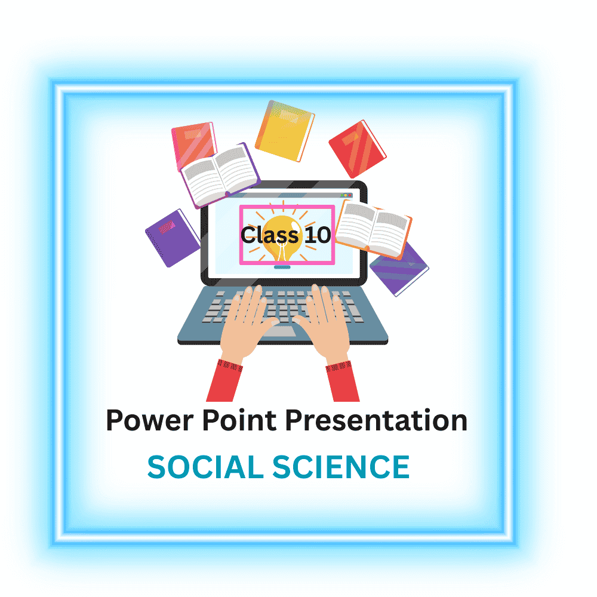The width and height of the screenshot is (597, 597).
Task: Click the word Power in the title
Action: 150,421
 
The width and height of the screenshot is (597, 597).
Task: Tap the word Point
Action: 239,420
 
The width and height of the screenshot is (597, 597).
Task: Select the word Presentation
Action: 376,420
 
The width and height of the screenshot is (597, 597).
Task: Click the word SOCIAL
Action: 205,467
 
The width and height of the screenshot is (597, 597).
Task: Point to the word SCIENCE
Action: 341,467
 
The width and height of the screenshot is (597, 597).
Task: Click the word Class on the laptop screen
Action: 270,235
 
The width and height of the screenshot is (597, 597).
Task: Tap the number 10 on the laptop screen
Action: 318,235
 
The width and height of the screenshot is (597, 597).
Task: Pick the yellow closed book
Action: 285,131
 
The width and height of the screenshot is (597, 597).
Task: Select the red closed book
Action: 357,149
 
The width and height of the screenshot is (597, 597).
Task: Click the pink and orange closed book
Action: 193,143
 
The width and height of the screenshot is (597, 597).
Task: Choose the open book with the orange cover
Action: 373,229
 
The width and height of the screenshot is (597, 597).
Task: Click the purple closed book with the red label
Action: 173,238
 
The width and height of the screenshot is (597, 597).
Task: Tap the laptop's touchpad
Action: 279,331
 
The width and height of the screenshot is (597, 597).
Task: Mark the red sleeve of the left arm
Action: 224,381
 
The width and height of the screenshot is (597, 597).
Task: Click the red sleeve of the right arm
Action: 343,381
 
